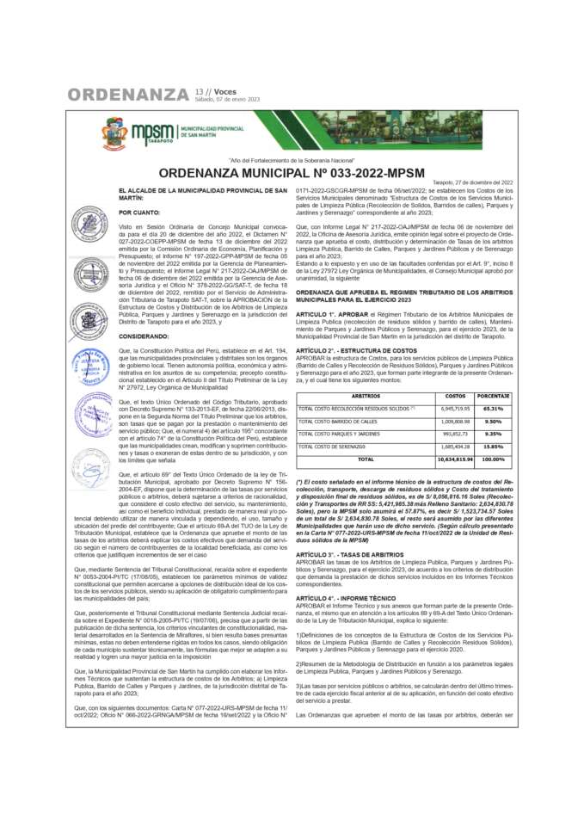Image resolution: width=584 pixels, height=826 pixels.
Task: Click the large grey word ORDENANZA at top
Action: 128,94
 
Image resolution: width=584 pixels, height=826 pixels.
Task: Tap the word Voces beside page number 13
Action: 225,90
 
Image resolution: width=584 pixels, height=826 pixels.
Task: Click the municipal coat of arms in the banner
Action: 114,131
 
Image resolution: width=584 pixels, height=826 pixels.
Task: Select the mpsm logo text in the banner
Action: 151,130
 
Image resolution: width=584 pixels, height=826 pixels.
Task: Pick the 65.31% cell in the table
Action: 492,408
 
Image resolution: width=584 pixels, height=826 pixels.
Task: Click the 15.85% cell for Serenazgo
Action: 492,447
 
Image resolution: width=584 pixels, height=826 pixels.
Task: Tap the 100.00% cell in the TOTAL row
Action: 492,459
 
